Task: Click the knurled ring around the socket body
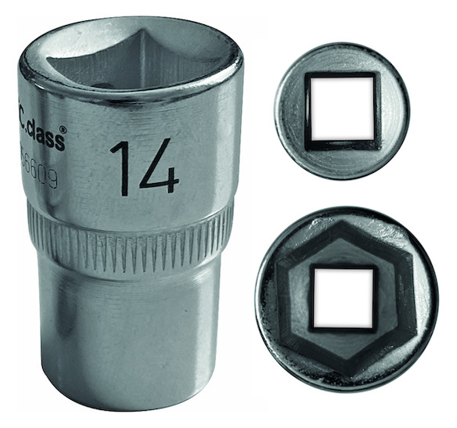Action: (129, 235)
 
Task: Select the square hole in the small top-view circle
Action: (341, 110)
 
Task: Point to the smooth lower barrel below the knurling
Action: (129, 336)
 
